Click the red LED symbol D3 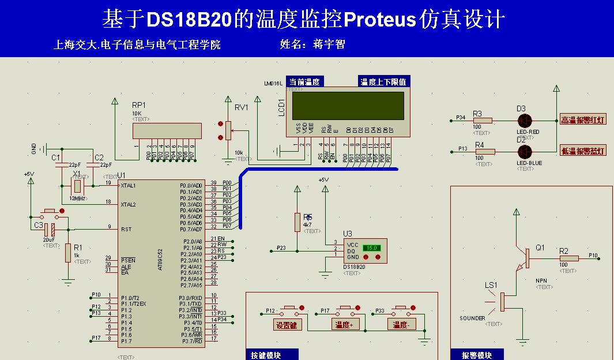[x=524, y=121]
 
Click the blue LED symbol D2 [x=524, y=152]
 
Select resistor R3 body [x=482, y=121]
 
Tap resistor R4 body [x=485, y=152]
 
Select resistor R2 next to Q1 [x=568, y=258]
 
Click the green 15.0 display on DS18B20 [x=371, y=247]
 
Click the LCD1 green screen [x=349, y=106]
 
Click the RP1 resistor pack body [x=167, y=131]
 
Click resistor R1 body [x=68, y=253]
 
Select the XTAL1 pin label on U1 [x=129, y=186]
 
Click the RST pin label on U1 [x=126, y=229]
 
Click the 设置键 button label [x=287, y=325]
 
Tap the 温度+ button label [x=344, y=325]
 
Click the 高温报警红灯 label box [x=583, y=120]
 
